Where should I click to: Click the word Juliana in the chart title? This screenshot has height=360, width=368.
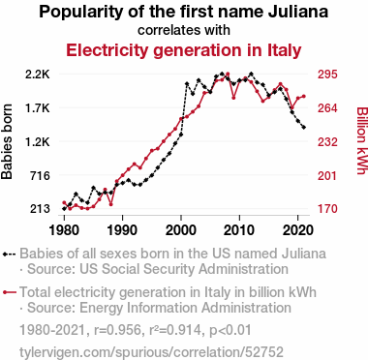pyautogui.click(x=298, y=12)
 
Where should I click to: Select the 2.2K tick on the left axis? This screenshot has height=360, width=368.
pyautogui.click(x=38, y=75)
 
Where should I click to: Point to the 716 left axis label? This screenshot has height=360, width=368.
pyautogui.click(x=40, y=176)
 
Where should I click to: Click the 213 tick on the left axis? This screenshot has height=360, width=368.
pyautogui.click(x=40, y=209)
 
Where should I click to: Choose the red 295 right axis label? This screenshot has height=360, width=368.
pyautogui.click(x=327, y=75)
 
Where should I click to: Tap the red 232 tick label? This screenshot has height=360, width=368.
pyautogui.click(x=327, y=142)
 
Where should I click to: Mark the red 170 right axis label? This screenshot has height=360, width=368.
pyautogui.click(x=327, y=209)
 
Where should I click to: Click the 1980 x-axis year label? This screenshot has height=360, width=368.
pyautogui.click(x=64, y=230)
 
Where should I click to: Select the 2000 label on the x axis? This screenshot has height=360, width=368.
pyautogui.click(x=181, y=230)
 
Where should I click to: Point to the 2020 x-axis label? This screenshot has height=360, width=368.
pyautogui.click(x=297, y=230)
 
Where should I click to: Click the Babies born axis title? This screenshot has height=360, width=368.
pyautogui.click(x=7, y=141)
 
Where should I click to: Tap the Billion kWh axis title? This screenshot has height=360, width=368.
pyautogui.click(x=362, y=140)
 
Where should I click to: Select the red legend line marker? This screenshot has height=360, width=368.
pyautogui.click(x=9, y=292)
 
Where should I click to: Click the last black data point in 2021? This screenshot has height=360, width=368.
pyautogui.click(x=304, y=128)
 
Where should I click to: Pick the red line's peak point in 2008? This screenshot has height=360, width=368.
pyautogui.click(x=228, y=75)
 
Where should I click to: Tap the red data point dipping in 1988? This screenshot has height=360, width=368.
pyautogui.click(x=111, y=204)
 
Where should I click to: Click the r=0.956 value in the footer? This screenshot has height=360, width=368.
pyautogui.click(x=117, y=330)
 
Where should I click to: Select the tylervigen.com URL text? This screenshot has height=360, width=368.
pyautogui.click(x=151, y=351)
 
